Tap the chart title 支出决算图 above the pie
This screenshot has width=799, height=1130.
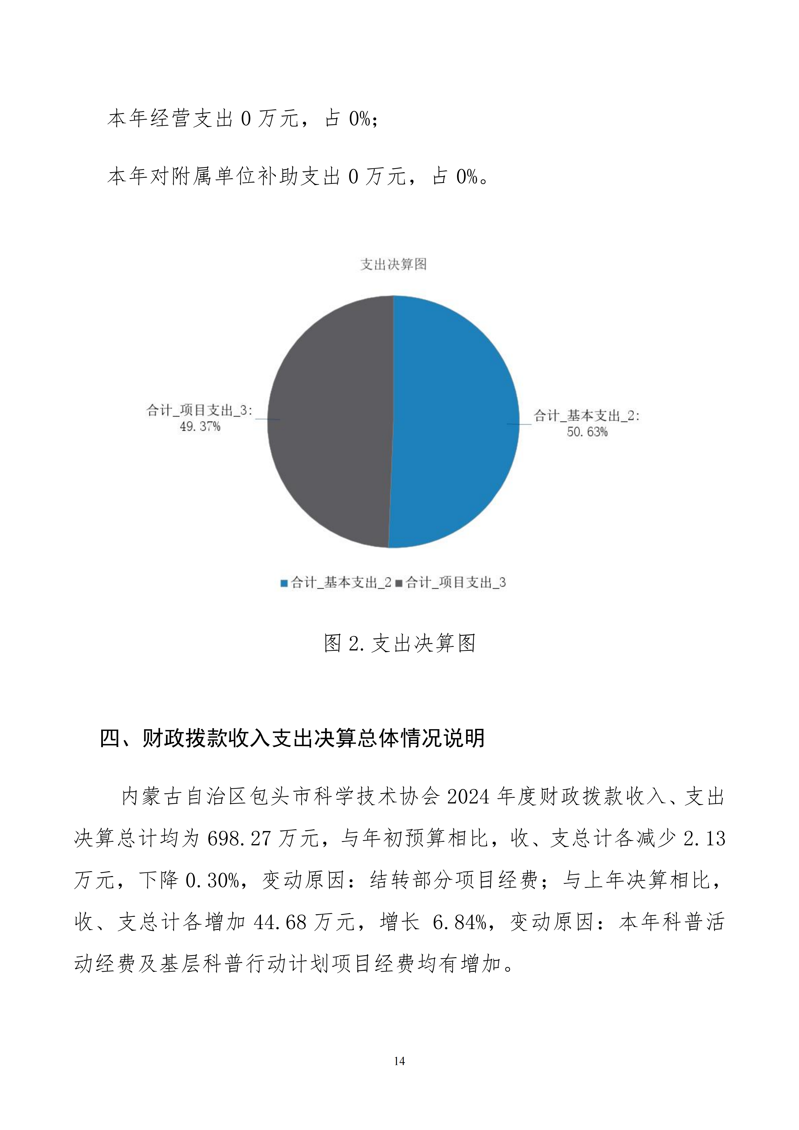click(x=393, y=264)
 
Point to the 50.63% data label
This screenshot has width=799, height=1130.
click(x=587, y=432)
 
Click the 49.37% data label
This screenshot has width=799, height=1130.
click(x=200, y=426)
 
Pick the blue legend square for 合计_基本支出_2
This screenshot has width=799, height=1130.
click(x=284, y=583)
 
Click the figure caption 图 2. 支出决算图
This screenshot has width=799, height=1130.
click(x=400, y=643)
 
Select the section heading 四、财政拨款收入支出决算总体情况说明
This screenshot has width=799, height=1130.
click(x=292, y=738)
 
